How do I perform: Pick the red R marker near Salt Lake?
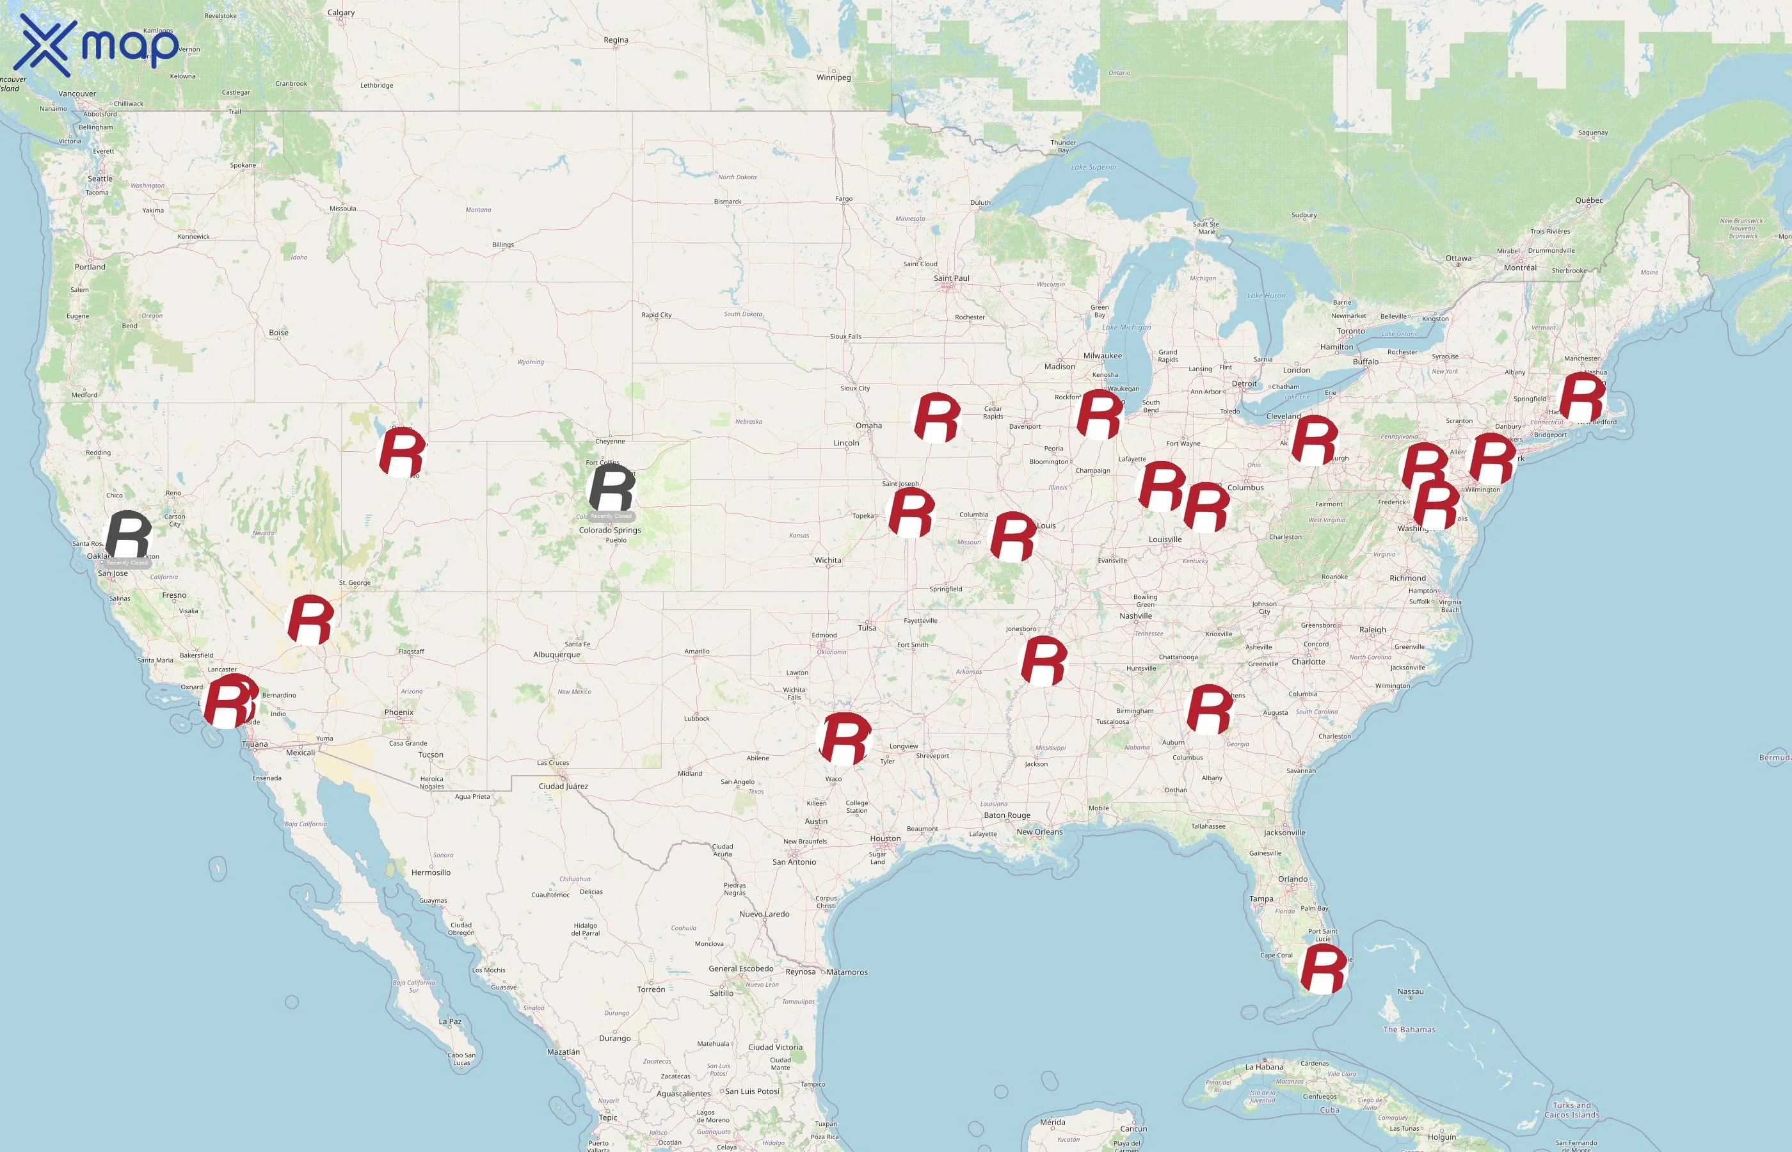point(403,452)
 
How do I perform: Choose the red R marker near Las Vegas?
point(310,620)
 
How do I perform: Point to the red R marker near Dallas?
point(845,739)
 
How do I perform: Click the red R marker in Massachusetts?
point(1581,399)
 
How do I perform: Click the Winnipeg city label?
point(833,77)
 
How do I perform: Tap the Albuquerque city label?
point(556,655)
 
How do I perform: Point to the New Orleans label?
point(1039,832)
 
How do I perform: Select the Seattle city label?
point(100,179)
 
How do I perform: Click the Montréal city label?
point(1520,268)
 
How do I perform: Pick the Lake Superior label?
point(1094,168)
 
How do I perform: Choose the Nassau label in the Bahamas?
point(1411,992)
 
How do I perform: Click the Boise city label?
point(278,332)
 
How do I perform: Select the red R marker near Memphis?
point(1044,660)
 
